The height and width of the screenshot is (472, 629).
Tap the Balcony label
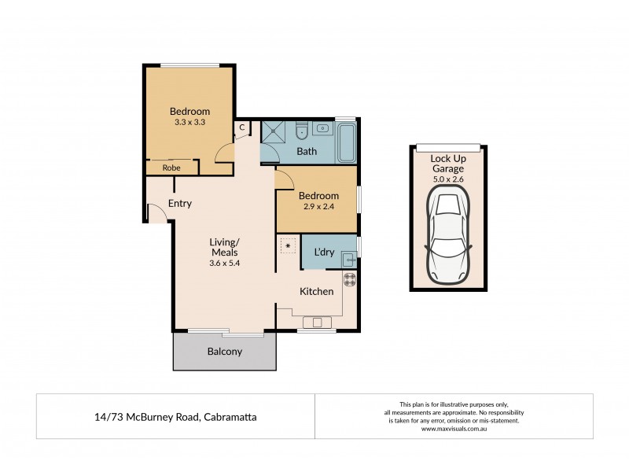tap(224, 352)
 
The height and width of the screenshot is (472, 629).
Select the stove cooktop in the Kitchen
tap(349, 278)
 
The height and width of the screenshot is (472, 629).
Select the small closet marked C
tap(242, 127)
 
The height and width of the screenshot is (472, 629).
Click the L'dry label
tap(325, 252)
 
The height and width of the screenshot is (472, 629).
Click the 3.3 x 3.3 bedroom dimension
tap(189, 123)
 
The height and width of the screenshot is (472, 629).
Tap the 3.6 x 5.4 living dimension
tap(225, 263)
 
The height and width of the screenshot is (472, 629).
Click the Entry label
tap(180, 204)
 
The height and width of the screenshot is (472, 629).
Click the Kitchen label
tap(316, 291)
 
